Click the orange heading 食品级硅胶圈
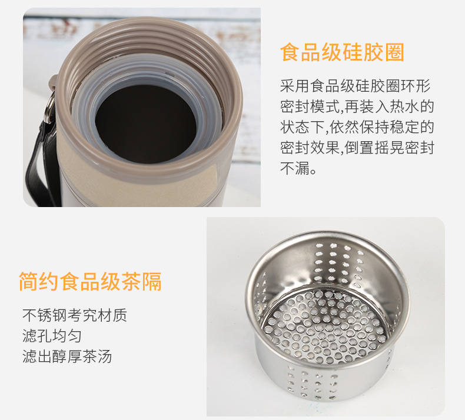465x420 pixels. [342, 52]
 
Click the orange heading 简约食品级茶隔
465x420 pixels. [91, 281]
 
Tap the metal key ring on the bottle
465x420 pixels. [49, 107]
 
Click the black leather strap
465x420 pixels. [42, 166]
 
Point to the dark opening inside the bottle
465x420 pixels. [145, 124]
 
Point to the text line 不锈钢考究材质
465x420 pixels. [75, 315]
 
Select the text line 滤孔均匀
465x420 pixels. [52, 336]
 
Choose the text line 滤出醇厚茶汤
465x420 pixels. [67, 356]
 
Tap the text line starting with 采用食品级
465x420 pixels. [356, 86]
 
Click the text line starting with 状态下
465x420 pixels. [357, 127]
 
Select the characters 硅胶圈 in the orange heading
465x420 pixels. [373, 52]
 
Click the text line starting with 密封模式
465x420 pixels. [357, 106]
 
